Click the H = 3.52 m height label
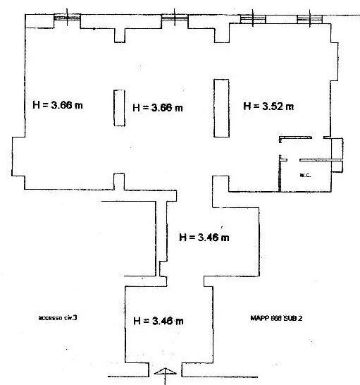point(268,106)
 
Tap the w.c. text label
point(306,173)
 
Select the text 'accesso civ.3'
point(58,318)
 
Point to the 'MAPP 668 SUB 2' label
point(276,318)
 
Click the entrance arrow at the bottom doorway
point(163,374)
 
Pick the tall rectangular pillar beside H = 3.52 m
point(221,109)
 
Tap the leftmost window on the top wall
point(67,17)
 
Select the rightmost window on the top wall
point(307,18)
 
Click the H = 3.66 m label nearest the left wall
point(58,106)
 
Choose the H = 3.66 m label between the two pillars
point(158,108)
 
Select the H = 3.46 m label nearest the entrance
point(159,321)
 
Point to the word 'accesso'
point(51,318)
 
